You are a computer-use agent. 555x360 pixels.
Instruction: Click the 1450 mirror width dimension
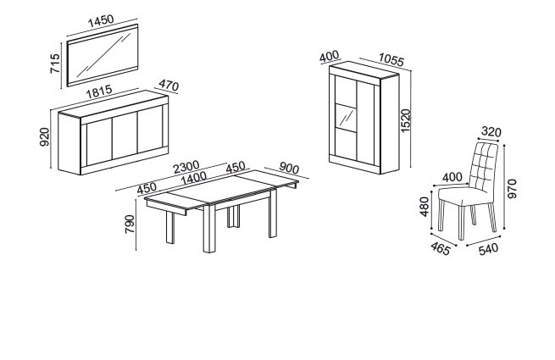(101, 21)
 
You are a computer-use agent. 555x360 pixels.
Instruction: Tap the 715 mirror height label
(55, 64)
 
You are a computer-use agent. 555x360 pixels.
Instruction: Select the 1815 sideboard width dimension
(99, 91)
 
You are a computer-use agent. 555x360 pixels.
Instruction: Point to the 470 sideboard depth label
(169, 86)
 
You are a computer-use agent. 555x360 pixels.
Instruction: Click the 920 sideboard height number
(45, 137)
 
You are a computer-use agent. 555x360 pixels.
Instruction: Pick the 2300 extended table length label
(186, 167)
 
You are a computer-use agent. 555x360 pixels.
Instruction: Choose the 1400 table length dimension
(193, 178)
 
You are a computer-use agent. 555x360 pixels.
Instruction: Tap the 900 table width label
(289, 169)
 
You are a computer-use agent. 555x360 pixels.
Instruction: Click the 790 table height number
(130, 224)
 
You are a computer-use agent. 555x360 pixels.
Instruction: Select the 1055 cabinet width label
(391, 60)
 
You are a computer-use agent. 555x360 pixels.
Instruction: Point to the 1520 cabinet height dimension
(406, 121)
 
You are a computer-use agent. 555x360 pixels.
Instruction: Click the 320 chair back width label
(491, 132)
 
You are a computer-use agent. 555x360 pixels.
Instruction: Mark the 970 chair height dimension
(512, 189)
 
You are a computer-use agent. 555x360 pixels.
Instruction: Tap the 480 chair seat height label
(424, 207)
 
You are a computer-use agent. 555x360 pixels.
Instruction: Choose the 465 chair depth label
(441, 248)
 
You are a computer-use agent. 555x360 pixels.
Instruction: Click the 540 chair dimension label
(488, 249)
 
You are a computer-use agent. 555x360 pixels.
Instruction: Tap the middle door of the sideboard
(125, 136)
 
